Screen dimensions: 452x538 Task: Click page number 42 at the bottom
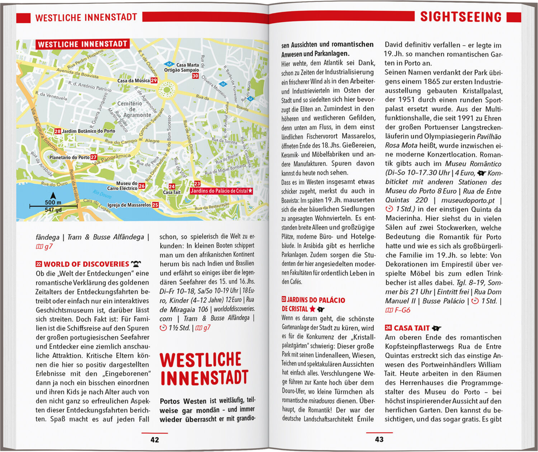click(x=155, y=440)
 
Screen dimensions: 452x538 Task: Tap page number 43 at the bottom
click(x=379, y=439)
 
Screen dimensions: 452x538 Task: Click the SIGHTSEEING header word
click(x=461, y=17)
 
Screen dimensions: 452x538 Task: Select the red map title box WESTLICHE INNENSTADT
click(x=82, y=44)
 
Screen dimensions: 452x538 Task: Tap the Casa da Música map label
click(x=133, y=81)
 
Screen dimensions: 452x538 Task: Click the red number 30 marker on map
click(x=195, y=76)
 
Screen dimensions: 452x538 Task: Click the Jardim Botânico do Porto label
click(x=89, y=131)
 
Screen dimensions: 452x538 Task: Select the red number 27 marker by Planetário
click(x=94, y=157)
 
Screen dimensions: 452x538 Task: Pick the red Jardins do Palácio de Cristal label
click(x=221, y=191)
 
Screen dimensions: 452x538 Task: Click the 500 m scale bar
click(x=53, y=206)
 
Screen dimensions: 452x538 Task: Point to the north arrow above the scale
click(x=53, y=196)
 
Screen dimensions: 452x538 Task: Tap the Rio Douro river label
click(x=102, y=194)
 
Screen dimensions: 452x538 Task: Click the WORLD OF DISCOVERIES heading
click(x=86, y=264)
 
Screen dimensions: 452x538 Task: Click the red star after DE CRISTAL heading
click(x=312, y=309)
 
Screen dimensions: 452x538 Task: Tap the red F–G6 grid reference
click(x=402, y=310)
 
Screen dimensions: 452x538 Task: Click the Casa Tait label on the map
click(x=172, y=192)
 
